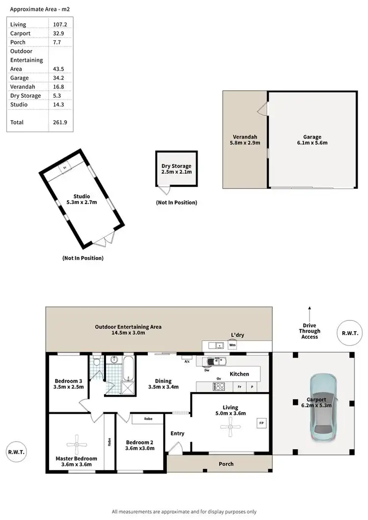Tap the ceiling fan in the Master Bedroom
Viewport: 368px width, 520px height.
click(76, 445)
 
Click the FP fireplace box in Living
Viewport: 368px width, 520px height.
click(261, 423)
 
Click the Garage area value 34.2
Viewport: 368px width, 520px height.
click(59, 78)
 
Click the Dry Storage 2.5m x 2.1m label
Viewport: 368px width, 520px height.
click(177, 169)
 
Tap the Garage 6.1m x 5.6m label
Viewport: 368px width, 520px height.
click(312, 140)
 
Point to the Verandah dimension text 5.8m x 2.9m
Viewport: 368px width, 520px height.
click(245, 143)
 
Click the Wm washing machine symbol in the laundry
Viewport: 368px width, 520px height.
click(232, 345)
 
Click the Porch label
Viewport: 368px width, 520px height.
click(226, 464)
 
